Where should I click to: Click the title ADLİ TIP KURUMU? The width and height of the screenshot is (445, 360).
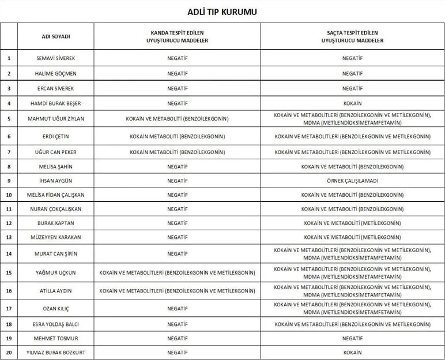pyautogui.click(x=223, y=12)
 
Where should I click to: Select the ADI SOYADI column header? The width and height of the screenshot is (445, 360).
pyautogui.click(x=56, y=36)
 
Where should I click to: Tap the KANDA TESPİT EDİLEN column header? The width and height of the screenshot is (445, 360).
pyautogui.click(x=177, y=36)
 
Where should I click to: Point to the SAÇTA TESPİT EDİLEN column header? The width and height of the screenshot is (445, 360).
pyautogui.click(x=352, y=36)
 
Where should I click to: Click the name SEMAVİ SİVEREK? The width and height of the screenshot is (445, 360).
pyautogui.click(x=56, y=58)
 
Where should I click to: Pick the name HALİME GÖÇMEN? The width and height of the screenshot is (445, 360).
pyautogui.click(x=56, y=74)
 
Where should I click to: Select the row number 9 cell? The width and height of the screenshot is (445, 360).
pyautogui.click(x=9, y=181)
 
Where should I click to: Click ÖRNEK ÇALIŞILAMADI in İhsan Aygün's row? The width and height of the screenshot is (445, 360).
pyautogui.click(x=352, y=181)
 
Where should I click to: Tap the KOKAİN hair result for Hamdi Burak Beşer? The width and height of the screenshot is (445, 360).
pyautogui.click(x=352, y=104)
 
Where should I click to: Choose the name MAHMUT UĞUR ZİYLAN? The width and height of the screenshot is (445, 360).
pyautogui.click(x=56, y=119)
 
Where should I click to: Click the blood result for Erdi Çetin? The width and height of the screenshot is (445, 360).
pyautogui.click(x=177, y=137)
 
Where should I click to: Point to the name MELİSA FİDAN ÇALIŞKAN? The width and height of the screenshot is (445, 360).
pyautogui.click(x=56, y=195)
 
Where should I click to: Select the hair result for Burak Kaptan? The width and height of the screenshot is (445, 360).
pyautogui.click(x=352, y=223)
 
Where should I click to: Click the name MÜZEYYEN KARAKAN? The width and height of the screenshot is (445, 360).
pyautogui.click(x=56, y=237)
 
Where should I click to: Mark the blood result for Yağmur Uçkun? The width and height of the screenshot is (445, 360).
pyautogui.click(x=177, y=272)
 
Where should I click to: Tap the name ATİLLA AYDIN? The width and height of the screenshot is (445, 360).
pyautogui.click(x=56, y=291)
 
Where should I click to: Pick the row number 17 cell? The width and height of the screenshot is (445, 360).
pyautogui.click(x=9, y=309)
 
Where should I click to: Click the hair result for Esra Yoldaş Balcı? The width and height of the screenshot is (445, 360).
pyautogui.click(x=352, y=324)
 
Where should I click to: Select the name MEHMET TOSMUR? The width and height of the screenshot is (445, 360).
pyautogui.click(x=56, y=338)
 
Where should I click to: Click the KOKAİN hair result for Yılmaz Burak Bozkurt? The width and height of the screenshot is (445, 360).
pyautogui.click(x=352, y=352)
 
